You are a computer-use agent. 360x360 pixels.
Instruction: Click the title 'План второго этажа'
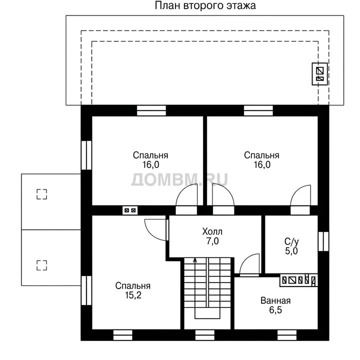coord(205,5)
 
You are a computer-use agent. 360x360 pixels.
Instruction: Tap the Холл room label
coord(212,231)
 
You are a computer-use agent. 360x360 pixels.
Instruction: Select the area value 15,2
coord(133,295)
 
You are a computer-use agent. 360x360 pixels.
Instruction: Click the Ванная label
coord(275,300)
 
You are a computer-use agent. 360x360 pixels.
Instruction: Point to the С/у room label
coord(291,241)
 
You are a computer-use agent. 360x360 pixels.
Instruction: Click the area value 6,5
coord(275,310)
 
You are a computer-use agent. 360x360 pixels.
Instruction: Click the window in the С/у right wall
coord(323,241)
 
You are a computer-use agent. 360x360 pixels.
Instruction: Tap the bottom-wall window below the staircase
coord(205,335)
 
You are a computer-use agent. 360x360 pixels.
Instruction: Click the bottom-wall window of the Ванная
coord(287,335)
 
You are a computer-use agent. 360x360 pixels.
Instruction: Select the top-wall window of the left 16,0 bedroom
coord(151,110)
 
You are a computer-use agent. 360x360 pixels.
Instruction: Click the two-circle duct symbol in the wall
coord(130,210)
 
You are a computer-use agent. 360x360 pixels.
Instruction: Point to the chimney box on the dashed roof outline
coord(319,74)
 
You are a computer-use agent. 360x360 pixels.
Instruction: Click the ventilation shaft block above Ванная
coord(298,280)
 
